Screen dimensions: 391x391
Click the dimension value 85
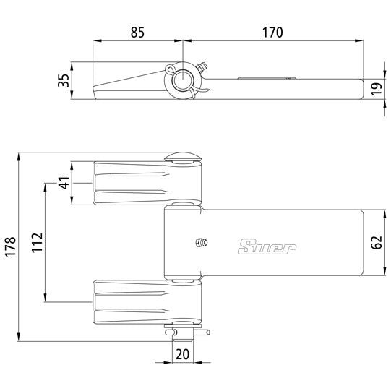pos(137,32)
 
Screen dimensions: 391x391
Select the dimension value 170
pos(272,32)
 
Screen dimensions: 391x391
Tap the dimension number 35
pos(63,81)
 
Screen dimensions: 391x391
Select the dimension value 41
pos(63,184)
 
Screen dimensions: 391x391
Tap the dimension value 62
pos(375,242)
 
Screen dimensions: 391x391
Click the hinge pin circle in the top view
pos(186,79)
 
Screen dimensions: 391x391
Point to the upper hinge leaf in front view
pos(134,184)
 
